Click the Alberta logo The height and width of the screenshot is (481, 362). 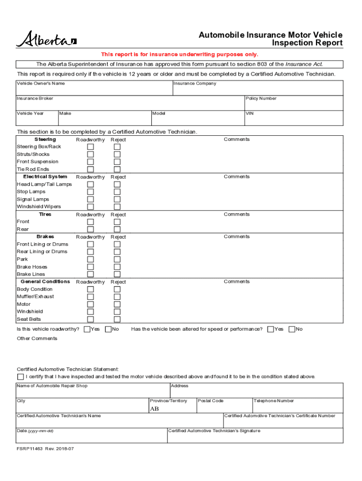46,39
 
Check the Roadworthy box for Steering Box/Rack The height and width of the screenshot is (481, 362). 90,147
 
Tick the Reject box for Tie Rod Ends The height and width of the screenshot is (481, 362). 117,170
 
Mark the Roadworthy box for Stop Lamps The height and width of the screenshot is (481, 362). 90,192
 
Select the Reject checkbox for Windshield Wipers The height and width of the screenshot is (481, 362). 117,207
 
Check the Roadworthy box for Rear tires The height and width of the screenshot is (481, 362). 90,229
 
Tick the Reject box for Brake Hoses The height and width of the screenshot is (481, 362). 117,267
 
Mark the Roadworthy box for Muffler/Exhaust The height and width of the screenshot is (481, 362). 90,297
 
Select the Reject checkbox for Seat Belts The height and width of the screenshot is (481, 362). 117,319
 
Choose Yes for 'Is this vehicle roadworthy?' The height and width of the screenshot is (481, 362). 87,329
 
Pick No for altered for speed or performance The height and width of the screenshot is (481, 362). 291,329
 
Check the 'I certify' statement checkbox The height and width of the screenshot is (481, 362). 20,377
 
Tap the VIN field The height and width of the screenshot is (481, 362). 293,120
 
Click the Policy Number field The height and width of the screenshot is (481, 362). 293,105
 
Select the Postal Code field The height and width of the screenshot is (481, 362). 224,407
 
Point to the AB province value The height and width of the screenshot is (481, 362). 154,409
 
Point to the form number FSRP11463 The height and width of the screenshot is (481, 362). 30,449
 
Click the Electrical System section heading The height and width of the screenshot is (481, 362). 45,177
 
